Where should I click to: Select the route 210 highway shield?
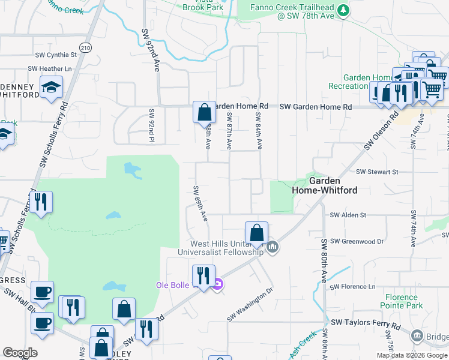85,47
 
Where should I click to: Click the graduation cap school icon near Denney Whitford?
52,87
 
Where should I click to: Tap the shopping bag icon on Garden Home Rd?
204,112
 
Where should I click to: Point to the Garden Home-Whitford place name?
324,185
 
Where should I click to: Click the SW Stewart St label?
377,172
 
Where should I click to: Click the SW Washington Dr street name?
250,304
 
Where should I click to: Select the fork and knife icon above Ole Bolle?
203,277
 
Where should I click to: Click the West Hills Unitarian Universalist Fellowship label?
227,248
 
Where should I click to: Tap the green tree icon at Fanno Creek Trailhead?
343,10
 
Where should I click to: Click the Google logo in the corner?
20,353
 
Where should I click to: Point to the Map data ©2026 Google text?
411,355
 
